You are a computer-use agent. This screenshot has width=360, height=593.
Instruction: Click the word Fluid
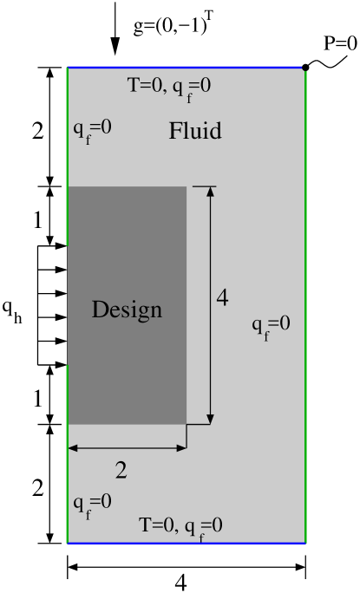point(195,131)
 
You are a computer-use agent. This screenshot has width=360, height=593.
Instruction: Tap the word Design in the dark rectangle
point(127,310)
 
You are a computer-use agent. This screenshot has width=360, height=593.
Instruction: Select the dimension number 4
point(222,298)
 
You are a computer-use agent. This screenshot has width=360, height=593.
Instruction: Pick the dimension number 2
point(121,471)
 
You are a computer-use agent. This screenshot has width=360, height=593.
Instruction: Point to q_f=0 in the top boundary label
point(193,88)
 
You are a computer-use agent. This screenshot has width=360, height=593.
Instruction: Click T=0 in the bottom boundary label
point(158,525)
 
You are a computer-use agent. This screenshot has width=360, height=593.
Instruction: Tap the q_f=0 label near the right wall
point(271,325)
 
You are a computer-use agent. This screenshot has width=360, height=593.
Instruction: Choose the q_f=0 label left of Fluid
point(92,129)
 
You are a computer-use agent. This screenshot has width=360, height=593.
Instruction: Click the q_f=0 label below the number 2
point(92,503)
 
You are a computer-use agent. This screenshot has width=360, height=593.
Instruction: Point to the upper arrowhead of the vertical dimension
point(210,192)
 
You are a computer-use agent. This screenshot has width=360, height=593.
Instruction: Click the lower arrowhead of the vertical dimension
point(210,419)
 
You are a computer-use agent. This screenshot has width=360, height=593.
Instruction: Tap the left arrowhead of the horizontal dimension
point(73,448)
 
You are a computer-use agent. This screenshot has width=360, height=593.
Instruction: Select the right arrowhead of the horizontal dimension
point(181,448)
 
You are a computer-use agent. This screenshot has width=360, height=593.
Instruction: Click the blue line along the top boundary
point(185,67)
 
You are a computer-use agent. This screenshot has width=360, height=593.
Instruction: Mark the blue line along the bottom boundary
point(187,543)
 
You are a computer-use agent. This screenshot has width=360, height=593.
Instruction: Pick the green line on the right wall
point(305,303)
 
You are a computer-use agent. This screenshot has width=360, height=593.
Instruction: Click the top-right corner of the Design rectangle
point(187,186)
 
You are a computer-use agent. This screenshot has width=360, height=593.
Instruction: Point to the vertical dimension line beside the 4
point(210,260)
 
